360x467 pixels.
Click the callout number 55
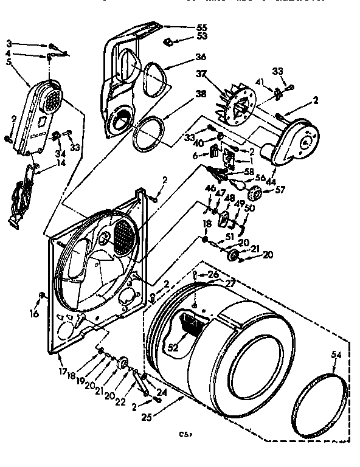click(202, 27)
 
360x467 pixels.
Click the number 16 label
click(34, 314)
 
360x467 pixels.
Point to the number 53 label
click(202, 37)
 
